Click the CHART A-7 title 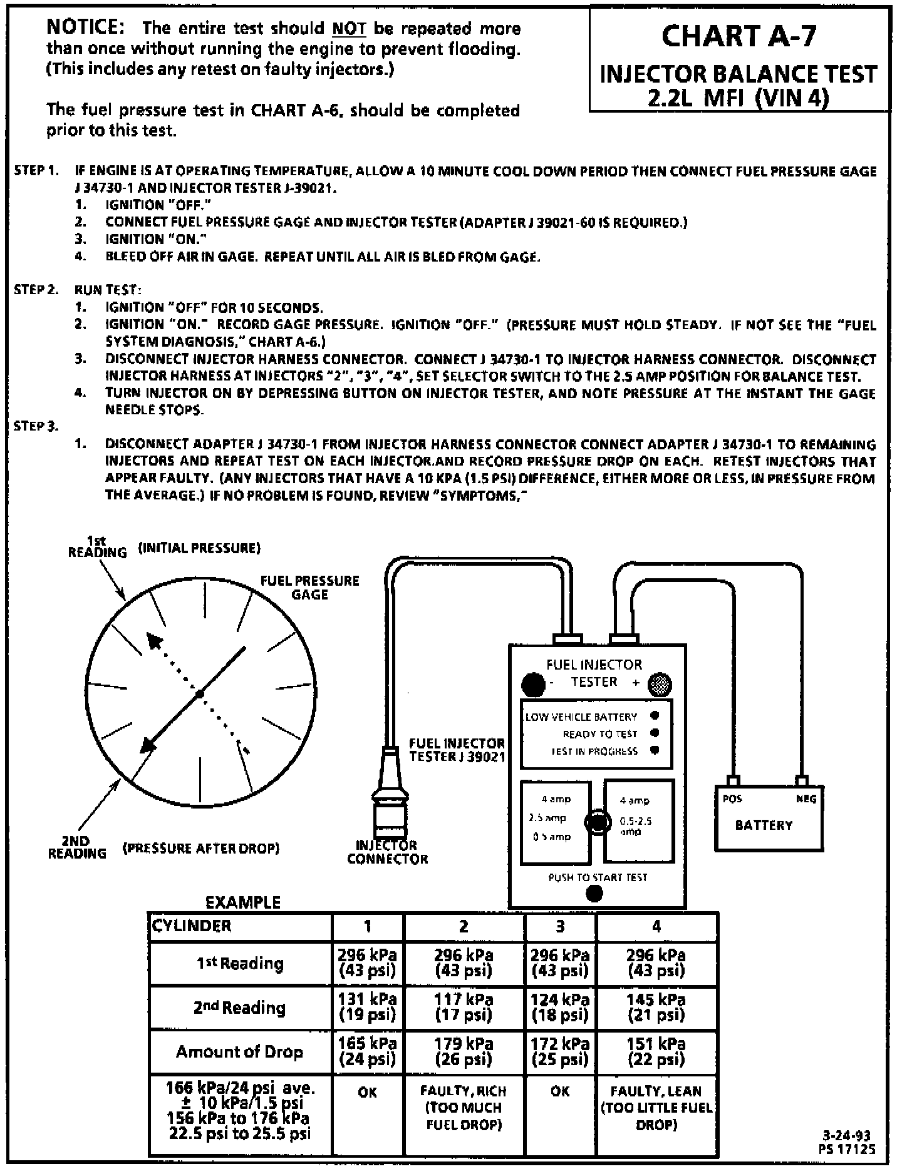pos(739,36)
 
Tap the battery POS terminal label pos(732,799)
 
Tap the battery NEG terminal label pos(806,799)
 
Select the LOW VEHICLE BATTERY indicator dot pos(655,716)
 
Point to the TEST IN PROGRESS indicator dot pos(655,750)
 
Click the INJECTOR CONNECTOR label pos(387,852)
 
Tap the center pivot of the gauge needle pos(199,694)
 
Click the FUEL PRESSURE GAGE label pos(309,587)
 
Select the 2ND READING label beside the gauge pos(77,847)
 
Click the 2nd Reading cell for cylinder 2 pos(464,1008)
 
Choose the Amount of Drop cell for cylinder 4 pos(656,1052)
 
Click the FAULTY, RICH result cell pos(464,1108)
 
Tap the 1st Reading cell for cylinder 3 pos(560,963)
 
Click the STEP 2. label pos(36,290)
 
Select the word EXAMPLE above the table pos(243,902)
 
